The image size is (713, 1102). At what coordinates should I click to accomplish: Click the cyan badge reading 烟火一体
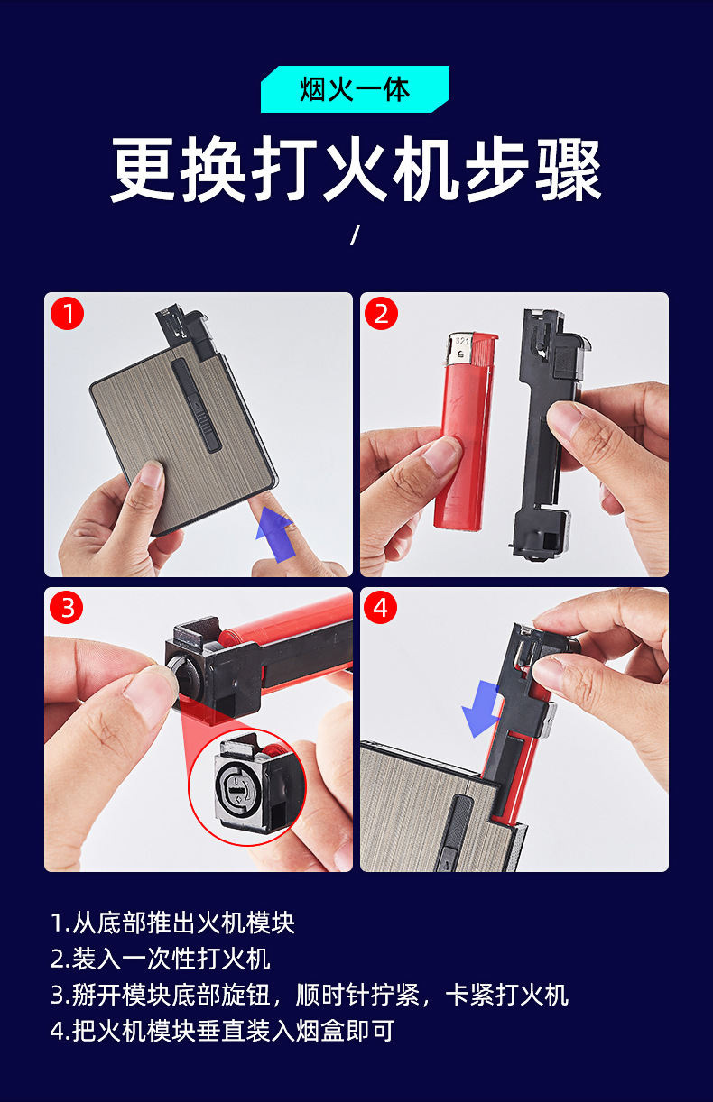coord(355,89)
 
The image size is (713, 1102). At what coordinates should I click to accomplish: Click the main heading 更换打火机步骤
coord(356,169)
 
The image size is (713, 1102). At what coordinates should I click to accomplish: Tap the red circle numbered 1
coord(67,314)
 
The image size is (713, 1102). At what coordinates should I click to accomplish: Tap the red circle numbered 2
coord(381,314)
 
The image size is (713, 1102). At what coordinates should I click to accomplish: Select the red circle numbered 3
coord(67,608)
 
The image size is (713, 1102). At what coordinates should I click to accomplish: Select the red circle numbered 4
coord(381,608)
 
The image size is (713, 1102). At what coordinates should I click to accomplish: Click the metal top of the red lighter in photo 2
coord(460,350)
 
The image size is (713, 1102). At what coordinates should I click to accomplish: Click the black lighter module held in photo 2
coord(548,433)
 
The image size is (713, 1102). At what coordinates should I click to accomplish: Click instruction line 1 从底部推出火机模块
coord(172,923)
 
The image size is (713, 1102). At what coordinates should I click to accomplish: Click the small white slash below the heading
coord(355,234)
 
